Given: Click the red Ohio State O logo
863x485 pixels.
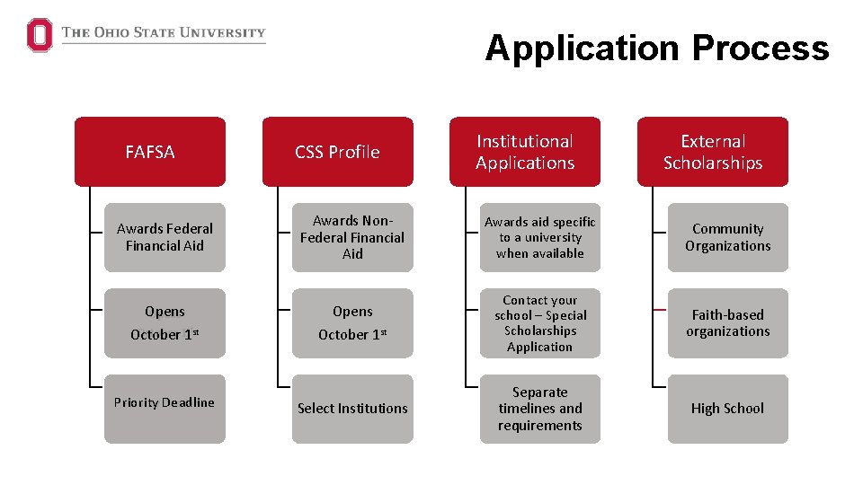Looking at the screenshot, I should (x=40, y=35).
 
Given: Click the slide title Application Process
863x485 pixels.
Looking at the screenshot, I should (x=656, y=48).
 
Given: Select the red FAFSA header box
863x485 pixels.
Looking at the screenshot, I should (x=150, y=152).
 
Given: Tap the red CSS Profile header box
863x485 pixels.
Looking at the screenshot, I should (x=338, y=152).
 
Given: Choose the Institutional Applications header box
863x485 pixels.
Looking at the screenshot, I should (x=525, y=152).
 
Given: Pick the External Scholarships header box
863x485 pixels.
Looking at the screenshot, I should (x=713, y=152).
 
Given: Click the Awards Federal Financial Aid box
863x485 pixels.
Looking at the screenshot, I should (x=165, y=237).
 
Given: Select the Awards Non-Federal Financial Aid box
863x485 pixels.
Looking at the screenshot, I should (x=352, y=237).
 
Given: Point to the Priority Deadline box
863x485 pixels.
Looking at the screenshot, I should (x=165, y=409).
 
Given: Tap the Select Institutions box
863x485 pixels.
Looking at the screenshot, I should (x=352, y=409).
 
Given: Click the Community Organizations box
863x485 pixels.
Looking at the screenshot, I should (x=727, y=237).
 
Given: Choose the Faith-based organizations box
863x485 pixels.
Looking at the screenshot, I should (x=727, y=322).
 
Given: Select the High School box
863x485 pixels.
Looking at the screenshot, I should (x=727, y=409).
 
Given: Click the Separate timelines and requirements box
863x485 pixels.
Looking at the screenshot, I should (x=540, y=409).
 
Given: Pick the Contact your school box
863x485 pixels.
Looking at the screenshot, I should (x=540, y=322).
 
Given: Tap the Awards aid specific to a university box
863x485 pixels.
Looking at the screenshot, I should (x=540, y=237).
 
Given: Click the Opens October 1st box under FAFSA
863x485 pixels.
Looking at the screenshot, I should (x=165, y=322).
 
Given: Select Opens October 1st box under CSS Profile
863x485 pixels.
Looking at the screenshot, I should (x=352, y=322).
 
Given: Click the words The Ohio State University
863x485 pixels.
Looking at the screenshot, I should (x=164, y=33).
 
